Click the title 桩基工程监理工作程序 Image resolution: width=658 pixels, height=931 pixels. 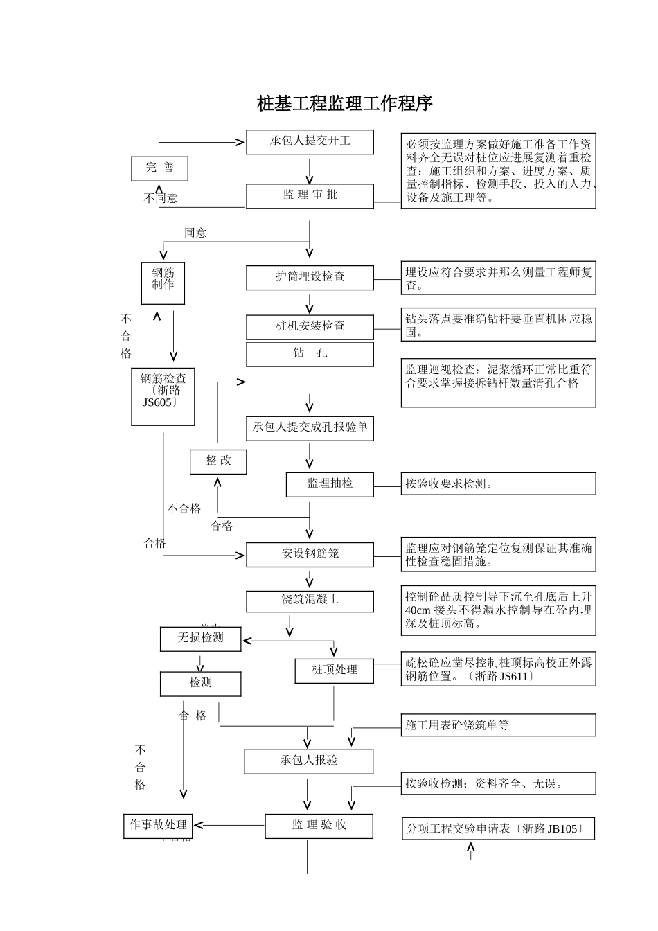[344, 104]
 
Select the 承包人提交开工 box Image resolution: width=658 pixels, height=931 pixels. [310, 141]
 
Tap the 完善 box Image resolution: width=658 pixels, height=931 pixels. [159, 168]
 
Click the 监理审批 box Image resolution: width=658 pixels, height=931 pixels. [310, 195]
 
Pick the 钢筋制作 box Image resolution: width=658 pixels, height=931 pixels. [163, 283]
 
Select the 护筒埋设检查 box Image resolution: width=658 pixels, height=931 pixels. [310, 277]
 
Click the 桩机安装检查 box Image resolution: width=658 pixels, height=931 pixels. [310, 326]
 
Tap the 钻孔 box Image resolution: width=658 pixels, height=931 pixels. [310, 353]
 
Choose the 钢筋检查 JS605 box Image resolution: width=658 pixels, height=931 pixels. [163, 396]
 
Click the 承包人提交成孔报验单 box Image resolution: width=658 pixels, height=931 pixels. [310, 428]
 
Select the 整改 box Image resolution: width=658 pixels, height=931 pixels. [218, 461]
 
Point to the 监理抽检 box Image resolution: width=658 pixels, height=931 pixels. [330, 484]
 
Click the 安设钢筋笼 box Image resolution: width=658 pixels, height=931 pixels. [310, 554]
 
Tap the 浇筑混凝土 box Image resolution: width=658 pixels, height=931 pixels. [310, 601]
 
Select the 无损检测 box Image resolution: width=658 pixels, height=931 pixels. [200, 639]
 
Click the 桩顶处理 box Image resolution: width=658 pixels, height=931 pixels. [334, 671]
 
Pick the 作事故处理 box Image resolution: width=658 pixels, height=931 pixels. [158, 826]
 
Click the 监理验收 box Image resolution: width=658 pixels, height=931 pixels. [319, 826]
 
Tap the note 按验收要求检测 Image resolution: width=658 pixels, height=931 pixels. [498, 484]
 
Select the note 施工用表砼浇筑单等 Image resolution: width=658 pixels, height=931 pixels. [498, 725]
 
